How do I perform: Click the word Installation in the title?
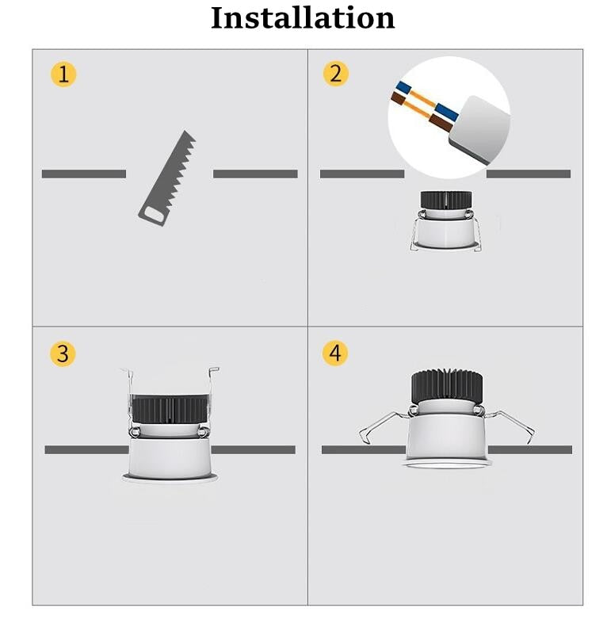pyautogui.click(x=303, y=17)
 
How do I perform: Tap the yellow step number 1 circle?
pyautogui.click(x=63, y=75)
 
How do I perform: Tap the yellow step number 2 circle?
pyautogui.click(x=335, y=74)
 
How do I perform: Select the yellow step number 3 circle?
pyautogui.click(x=63, y=353)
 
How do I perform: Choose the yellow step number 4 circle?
pyautogui.click(x=335, y=353)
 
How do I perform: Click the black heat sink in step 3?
pyautogui.click(x=169, y=409)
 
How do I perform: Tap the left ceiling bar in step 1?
pyautogui.click(x=83, y=174)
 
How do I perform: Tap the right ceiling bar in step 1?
pyautogui.click(x=255, y=174)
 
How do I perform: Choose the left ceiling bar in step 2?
pyautogui.click(x=361, y=174)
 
